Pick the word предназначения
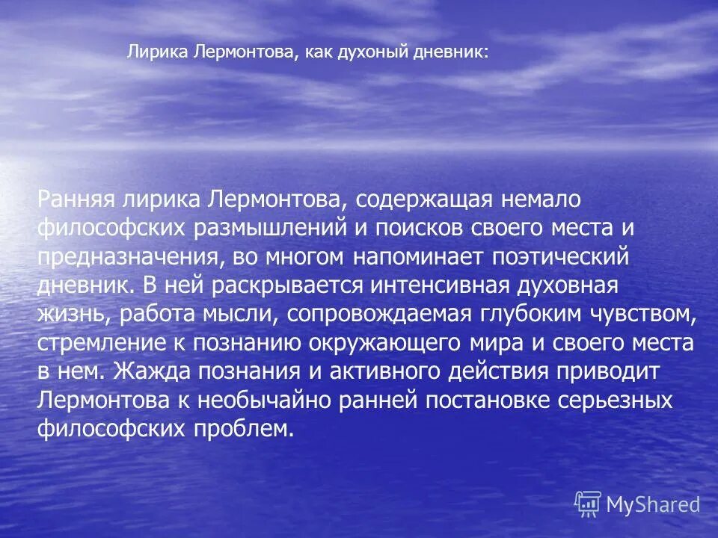pyautogui.click(x=127, y=257)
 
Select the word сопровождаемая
pyautogui.click(x=393, y=315)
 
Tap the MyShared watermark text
pyautogui.click(x=654, y=504)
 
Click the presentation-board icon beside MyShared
pyautogui.click(x=588, y=504)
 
